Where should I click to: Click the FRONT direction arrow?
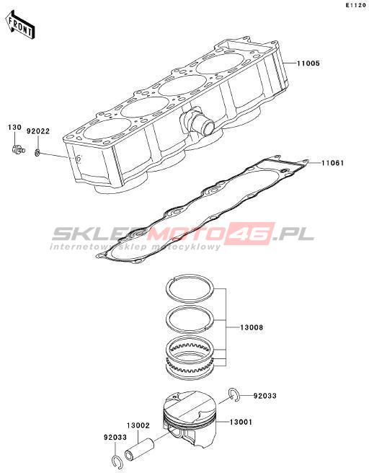(20, 25)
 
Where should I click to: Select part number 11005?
(308, 63)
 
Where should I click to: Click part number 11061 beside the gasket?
(332, 163)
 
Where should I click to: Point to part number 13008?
(252, 327)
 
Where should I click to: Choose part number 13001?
(241, 422)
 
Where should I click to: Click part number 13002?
(138, 425)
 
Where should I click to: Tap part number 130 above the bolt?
(14, 128)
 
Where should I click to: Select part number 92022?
(38, 131)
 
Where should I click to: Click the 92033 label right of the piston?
(264, 395)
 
